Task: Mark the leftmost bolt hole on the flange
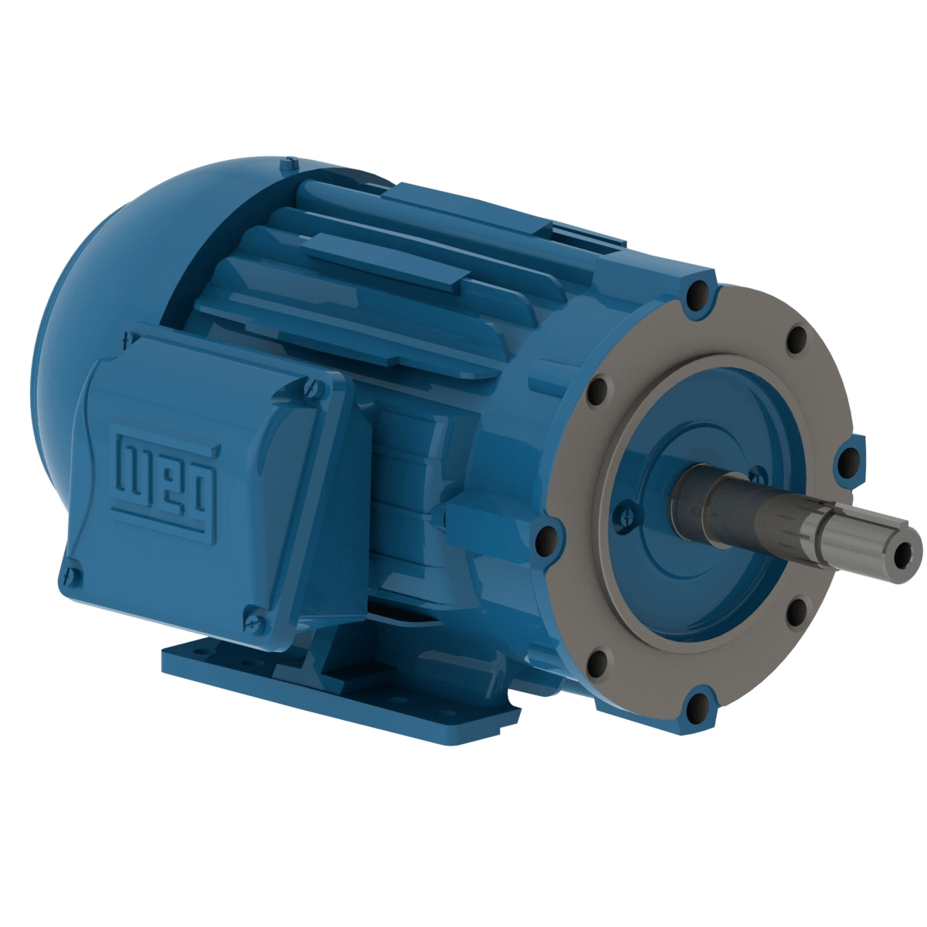pos(547,535)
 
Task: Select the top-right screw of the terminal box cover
pos(313,385)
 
